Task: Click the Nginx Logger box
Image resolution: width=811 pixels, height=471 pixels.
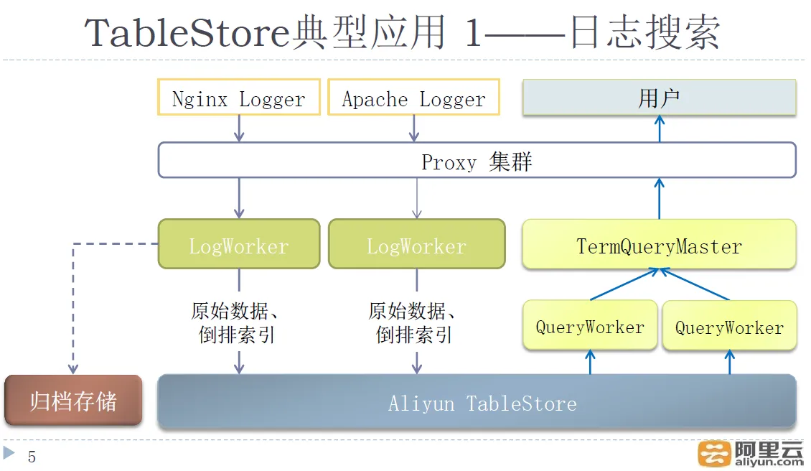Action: tap(239, 97)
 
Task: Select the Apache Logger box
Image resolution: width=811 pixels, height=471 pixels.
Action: tap(414, 97)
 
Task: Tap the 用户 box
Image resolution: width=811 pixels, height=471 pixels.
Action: tap(660, 98)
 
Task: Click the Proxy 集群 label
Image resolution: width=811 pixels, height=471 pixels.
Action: tap(477, 162)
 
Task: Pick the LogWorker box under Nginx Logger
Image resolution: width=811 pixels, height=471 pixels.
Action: tap(239, 244)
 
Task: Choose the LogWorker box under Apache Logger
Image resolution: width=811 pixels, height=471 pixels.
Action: tap(417, 244)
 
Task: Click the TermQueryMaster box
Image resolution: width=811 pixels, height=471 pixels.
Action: tap(660, 244)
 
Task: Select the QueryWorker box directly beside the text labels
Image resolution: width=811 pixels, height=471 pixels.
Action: tap(590, 325)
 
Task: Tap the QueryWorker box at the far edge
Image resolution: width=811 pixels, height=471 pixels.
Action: tap(730, 326)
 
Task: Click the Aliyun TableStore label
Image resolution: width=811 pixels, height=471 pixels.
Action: tap(482, 404)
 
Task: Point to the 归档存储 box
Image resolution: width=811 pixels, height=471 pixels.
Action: tap(73, 400)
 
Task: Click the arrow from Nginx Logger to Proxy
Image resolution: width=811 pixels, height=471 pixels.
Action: tap(239, 129)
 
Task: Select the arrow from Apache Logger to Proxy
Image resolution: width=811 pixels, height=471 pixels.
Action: tap(414, 129)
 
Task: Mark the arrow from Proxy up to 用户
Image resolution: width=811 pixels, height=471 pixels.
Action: tap(660, 129)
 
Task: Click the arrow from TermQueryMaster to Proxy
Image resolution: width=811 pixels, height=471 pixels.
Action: tap(660, 199)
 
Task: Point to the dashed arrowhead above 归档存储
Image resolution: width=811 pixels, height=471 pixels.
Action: tap(73, 368)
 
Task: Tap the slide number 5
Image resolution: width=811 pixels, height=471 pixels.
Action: tap(32, 457)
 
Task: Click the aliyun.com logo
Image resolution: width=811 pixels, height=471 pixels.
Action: tap(750, 454)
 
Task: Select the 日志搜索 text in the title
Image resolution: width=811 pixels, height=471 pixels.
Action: tap(645, 32)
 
